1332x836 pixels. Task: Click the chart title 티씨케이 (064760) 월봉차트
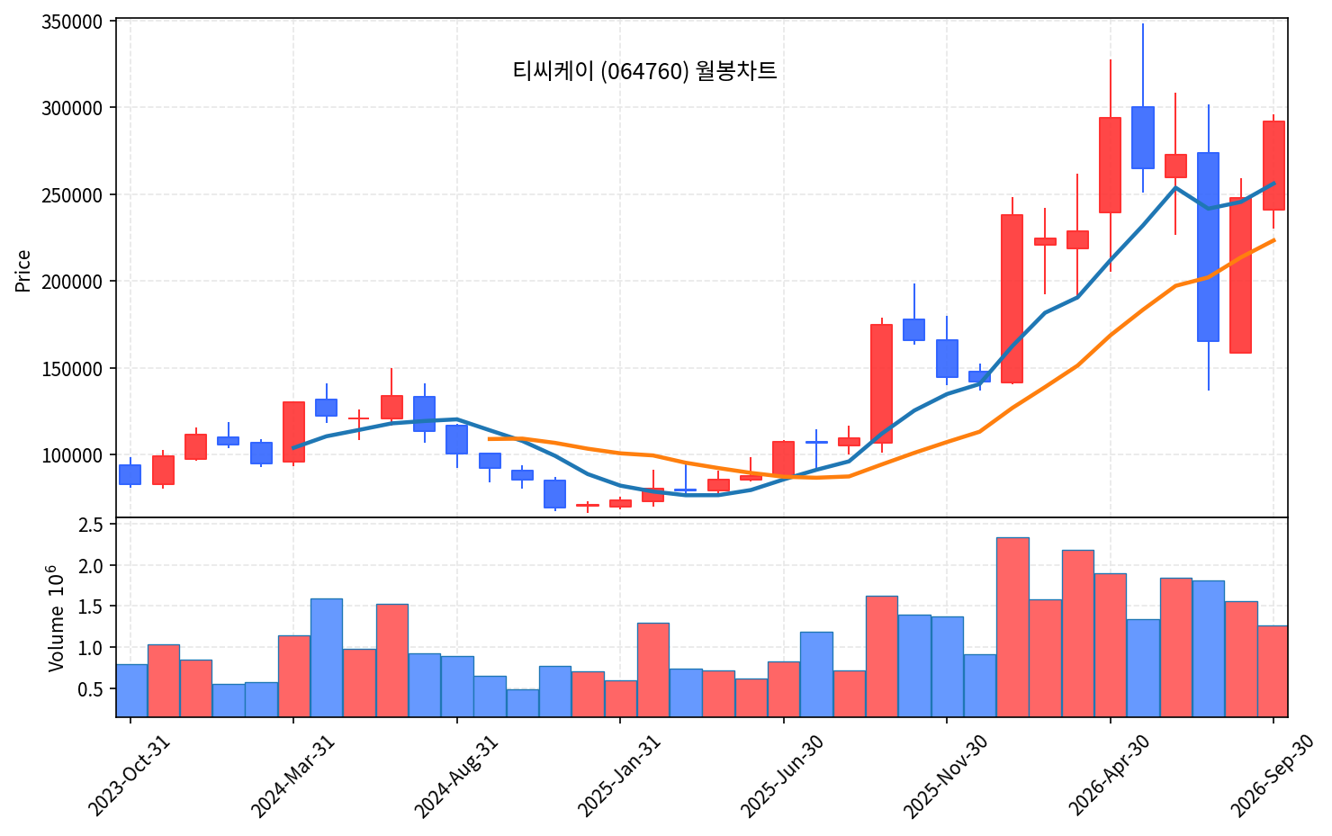[644, 71]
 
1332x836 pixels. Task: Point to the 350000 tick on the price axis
[71, 22]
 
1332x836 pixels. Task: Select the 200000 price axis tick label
[71, 282]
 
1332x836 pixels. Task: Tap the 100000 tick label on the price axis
[71, 455]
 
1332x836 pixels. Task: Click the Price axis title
[22, 271]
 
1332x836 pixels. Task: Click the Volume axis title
[56, 618]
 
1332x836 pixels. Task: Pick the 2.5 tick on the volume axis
[90, 525]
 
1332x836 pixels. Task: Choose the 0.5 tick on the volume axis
[90, 689]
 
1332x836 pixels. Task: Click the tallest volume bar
[1012, 626]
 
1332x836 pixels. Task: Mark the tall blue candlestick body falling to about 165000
[1209, 247]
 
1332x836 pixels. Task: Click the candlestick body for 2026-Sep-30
[1273, 166]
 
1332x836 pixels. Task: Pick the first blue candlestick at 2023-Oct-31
[130, 474]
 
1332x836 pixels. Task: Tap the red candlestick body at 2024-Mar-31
[293, 432]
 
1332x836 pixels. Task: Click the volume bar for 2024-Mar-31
[294, 676]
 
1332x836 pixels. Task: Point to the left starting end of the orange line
[489, 439]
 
